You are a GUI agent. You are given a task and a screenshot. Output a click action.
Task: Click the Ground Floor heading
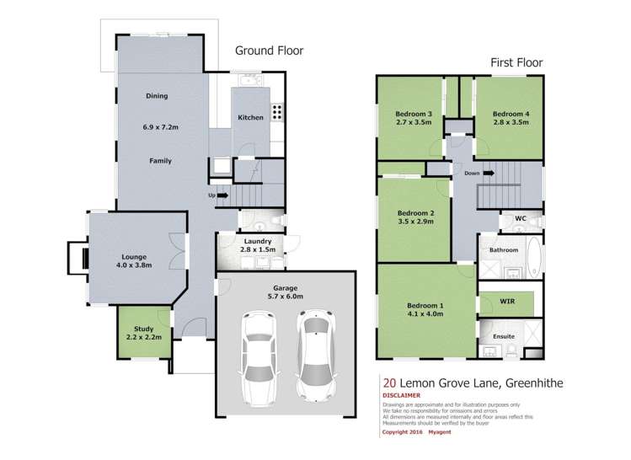point(269,51)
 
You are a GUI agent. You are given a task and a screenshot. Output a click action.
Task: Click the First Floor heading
point(517,62)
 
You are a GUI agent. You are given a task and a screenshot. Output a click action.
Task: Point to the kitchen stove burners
point(278,111)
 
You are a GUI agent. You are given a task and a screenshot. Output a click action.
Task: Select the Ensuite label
point(504,336)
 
